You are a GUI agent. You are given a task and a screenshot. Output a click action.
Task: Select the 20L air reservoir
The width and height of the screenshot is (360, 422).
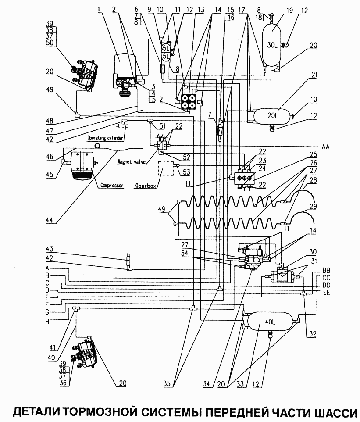tap(272, 116)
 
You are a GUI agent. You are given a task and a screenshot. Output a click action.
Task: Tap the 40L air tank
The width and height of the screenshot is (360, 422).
tap(270, 322)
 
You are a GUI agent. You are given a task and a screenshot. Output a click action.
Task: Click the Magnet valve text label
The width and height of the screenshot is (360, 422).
tap(132, 162)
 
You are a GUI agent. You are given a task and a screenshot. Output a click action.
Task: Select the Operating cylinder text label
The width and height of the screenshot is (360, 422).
tap(105, 138)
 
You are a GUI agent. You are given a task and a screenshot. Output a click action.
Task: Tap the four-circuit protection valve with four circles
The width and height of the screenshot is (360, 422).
tap(189, 101)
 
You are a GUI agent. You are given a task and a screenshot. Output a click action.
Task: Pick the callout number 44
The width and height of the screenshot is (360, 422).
tap(50, 220)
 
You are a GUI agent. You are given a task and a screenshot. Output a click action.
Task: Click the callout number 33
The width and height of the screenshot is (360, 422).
tap(240, 384)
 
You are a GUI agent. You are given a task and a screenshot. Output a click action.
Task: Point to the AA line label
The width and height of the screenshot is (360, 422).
tap(325, 147)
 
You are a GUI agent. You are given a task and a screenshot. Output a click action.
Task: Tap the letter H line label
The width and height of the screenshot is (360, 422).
tap(47, 322)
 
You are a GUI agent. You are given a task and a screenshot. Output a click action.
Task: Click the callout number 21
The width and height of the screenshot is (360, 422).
tap(314, 75)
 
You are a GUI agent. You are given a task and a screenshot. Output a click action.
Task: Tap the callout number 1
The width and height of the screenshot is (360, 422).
tap(99, 10)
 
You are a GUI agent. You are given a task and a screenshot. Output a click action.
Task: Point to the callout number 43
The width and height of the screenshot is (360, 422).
tap(50, 249)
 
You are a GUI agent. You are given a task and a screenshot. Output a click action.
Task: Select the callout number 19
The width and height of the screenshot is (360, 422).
tap(289, 11)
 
